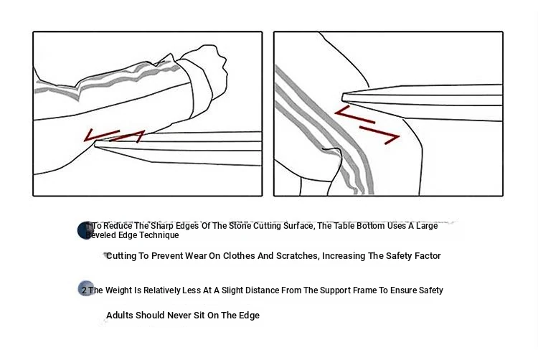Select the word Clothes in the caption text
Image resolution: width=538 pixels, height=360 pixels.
pyautogui.click(x=239, y=256)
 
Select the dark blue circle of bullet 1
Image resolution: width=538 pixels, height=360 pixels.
pyautogui.click(x=85, y=230)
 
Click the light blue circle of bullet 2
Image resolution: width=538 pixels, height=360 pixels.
pyautogui.click(x=86, y=288)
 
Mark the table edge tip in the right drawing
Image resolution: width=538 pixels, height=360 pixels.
pyautogui.click(x=343, y=97)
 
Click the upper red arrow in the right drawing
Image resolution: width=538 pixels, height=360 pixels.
pyautogui.click(x=354, y=115)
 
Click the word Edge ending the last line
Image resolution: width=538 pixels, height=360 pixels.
pyautogui.click(x=249, y=316)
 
